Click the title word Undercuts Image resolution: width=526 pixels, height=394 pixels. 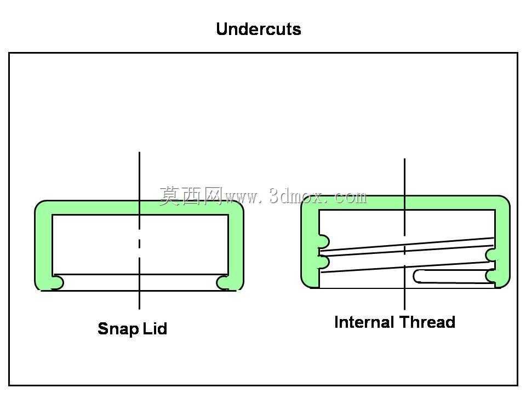tap(258, 29)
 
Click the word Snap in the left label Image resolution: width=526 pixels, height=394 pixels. tap(118, 329)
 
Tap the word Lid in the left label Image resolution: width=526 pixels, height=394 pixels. tap(155, 328)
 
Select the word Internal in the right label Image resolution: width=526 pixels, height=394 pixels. tap(364, 322)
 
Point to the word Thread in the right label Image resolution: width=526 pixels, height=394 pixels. tap(428, 322)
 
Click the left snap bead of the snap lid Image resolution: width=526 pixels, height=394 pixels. tap(58, 282)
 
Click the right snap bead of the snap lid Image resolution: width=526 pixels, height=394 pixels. tap(222, 282)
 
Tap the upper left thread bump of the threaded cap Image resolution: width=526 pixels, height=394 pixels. tap(324, 241)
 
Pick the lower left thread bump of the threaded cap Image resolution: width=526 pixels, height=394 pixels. tap(324, 262)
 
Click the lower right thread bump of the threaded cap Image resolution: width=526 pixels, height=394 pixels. tap(491, 276)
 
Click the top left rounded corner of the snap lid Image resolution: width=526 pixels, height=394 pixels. tap(43, 208)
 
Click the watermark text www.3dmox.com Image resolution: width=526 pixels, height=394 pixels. tap(296, 197)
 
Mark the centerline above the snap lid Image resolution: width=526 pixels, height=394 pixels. tap(139, 176)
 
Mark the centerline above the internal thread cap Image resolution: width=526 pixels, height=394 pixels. tap(404, 177)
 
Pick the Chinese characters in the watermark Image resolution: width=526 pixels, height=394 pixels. tap(191, 196)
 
